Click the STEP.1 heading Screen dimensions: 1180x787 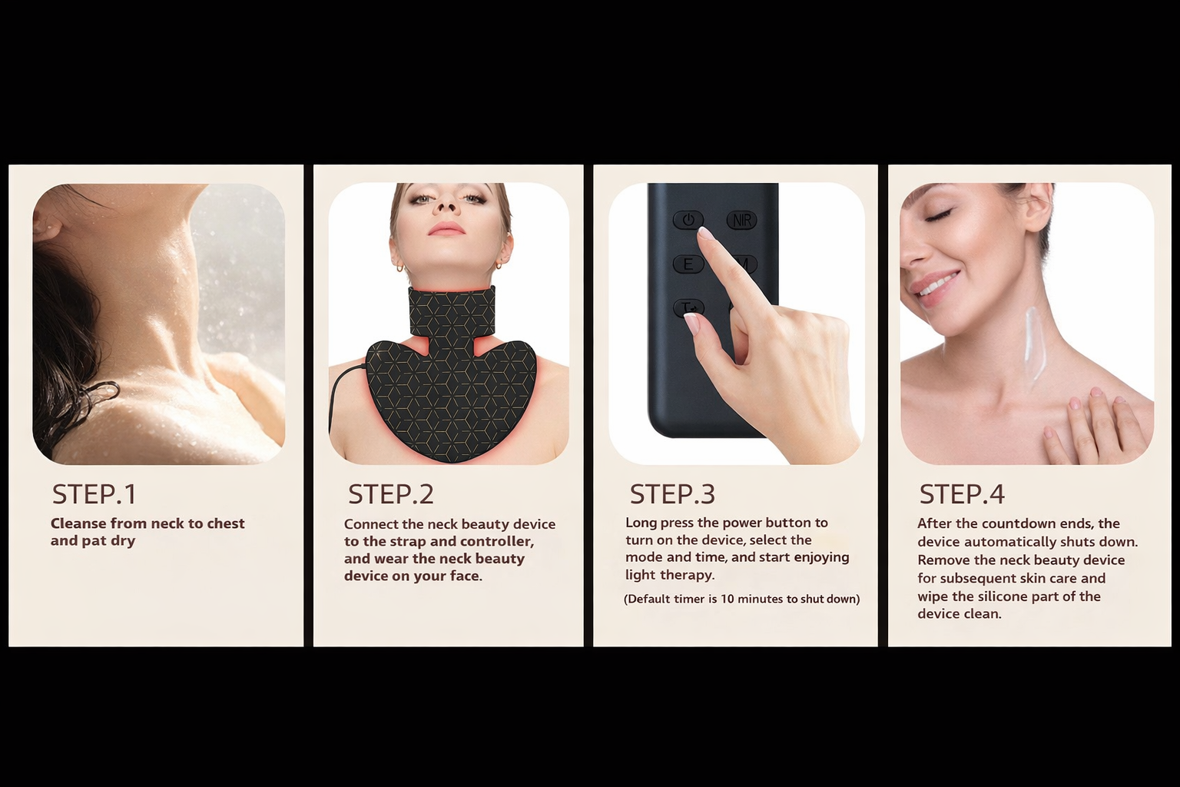pos(94,494)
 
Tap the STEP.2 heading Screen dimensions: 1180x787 pos(391,494)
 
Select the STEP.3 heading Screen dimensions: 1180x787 pos(673,494)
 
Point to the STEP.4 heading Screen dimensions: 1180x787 pos(962,494)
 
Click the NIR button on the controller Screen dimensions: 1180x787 pos(742,220)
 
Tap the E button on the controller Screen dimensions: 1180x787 pos(688,264)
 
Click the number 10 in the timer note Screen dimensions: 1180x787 pos(728,599)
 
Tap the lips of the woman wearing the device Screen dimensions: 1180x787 pos(446,228)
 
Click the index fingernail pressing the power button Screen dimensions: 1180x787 pos(704,232)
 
